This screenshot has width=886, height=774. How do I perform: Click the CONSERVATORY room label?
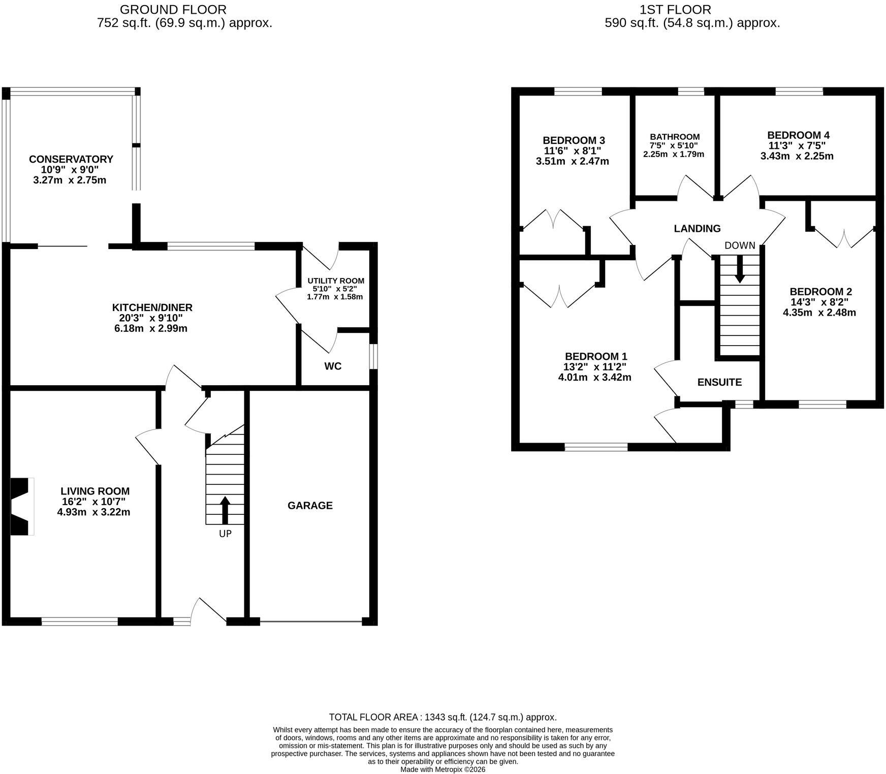pyautogui.click(x=71, y=159)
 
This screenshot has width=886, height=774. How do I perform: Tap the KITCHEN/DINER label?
pyautogui.click(x=152, y=307)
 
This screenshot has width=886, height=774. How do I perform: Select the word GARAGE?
pyautogui.click(x=310, y=505)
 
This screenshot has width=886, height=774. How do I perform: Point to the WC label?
pyautogui.click(x=333, y=366)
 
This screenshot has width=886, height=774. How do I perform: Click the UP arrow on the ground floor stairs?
pyautogui.click(x=225, y=510)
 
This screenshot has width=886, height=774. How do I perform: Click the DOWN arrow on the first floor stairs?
pyautogui.click(x=740, y=268)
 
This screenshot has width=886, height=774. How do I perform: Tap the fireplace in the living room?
pyautogui.click(x=22, y=506)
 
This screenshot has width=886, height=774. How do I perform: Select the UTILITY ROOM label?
pyautogui.click(x=336, y=281)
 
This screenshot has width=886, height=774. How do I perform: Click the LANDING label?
pyautogui.click(x=697, y=229)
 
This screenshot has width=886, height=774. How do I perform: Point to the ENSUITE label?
pyautogui.click(x=719, y=382)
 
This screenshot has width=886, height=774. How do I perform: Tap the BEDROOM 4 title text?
pyautogui.click(x=798, y=135)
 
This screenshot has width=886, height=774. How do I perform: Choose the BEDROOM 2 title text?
pyautogui.click(x=820, y=292)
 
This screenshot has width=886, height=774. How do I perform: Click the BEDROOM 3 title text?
pyautogui.click(x=574, y=140)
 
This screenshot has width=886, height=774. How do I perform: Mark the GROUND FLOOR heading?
pyautogui.click(x=173, y=10)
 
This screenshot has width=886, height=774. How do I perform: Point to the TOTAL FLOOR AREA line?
pyautogui.click(x=443, y=718)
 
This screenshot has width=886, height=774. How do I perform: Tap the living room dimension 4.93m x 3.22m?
pyautogui.click(x=94, y=512)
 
